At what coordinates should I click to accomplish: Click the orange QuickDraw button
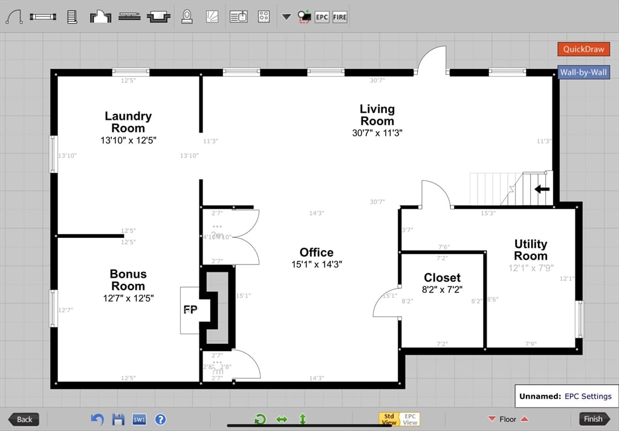click(583, 49)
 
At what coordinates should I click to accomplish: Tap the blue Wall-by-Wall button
click(583, 73)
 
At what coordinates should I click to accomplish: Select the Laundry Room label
click(128, 122)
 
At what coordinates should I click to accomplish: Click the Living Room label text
click(377, 114)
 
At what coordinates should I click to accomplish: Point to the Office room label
click(316, 252)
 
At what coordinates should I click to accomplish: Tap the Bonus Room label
click(128, 280)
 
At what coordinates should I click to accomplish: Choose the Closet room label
click(442, 278)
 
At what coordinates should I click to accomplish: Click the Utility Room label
click(530, 249)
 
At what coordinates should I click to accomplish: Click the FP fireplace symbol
click(190, 309)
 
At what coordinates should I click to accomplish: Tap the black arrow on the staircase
click(542, 189)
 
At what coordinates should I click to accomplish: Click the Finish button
click(593, 419)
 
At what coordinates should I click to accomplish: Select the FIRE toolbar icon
click(340, 17)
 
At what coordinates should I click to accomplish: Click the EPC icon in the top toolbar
click(322, 17)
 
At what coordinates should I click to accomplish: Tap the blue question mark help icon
click(160, 419)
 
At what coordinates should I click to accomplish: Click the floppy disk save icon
click(118, 419)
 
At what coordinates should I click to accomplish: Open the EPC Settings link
click(588, 396)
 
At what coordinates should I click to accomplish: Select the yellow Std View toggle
click(389, 419)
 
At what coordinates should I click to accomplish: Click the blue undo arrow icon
click(97, 419)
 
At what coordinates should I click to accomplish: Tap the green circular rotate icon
click(260, 419)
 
